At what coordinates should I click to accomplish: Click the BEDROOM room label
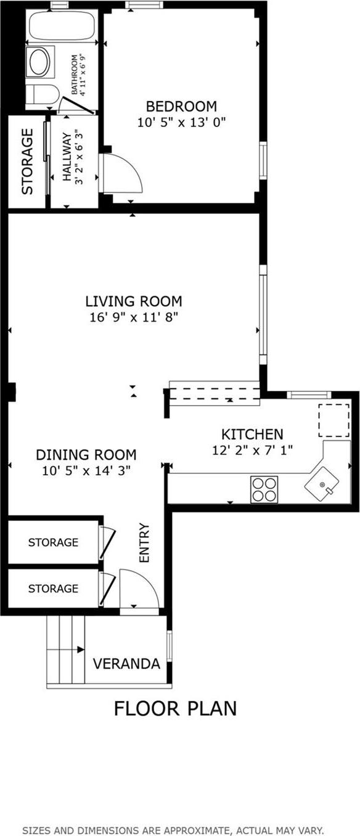click(181, 106)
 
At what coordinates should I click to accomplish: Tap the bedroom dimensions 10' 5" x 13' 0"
click(181, 122)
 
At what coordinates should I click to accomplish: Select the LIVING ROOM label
click(134, 301)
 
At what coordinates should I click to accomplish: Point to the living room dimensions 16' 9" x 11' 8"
click(134, 318)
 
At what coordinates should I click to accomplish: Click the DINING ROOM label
click(86, 455)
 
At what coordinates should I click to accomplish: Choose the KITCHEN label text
click(252, 434)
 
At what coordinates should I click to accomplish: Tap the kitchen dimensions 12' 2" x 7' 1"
click(252, 450)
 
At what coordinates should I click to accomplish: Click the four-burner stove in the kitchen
click(264, 489)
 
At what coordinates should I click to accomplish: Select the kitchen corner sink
click(322, 485)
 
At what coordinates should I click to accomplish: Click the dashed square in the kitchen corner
click(333, 419)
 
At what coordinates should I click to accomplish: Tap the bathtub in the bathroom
click(62, 27)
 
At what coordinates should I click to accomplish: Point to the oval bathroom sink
click(39, 62)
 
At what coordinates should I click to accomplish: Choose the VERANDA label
click(126, 664)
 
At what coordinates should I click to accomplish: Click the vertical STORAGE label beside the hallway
click(28, 162)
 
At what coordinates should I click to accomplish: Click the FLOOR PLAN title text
click(175, 708)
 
